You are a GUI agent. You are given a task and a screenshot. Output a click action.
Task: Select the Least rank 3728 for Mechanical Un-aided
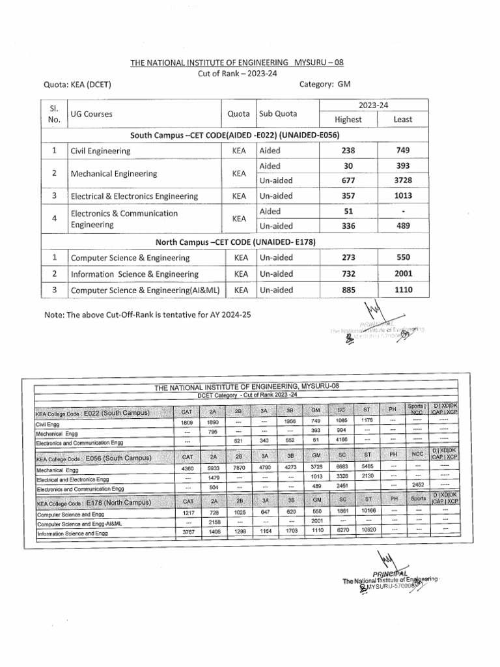click(x=402, y=180)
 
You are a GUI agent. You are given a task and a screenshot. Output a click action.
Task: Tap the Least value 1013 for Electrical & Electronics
click(x=402, y=196)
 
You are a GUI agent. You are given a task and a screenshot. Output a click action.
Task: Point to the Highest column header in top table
click(x=348, y=119)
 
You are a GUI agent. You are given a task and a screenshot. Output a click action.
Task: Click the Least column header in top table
click(x=402, y=119)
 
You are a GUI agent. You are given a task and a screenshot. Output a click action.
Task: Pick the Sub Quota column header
click(x=278, y=113)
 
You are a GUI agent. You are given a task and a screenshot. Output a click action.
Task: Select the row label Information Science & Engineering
click(x=135, y=274)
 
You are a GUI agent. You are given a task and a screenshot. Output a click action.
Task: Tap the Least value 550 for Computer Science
click(x=402, y=257)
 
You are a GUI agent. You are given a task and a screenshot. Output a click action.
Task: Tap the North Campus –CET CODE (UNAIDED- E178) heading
click(x=235, y=242)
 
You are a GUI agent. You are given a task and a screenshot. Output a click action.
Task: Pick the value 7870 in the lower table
click(x=238, y=468)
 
